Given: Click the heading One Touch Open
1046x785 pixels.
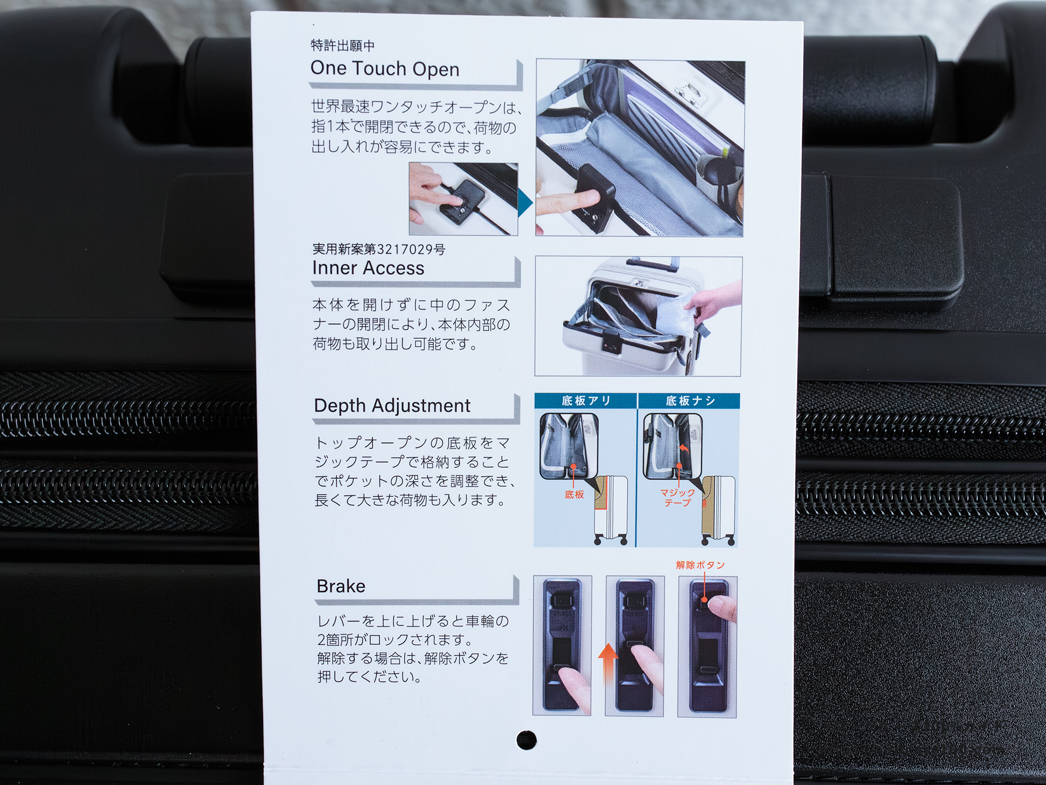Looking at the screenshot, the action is pos(385,69).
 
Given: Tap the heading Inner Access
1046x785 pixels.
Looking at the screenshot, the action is pos(368,268).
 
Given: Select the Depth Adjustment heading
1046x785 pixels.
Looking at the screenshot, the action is pos(392,406).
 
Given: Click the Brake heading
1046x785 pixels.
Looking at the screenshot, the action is pos(341,586).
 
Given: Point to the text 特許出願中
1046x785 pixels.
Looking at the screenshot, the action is pos(343,46).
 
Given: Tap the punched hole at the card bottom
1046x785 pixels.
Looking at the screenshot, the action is pos(526,740).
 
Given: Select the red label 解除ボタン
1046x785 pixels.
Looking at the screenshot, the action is pos(701,565).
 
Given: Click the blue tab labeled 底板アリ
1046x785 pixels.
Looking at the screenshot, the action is pos(586,401).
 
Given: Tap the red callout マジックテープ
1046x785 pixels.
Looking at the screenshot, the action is pos(677,497).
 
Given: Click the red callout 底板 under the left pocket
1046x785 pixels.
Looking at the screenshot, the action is pos(574,494).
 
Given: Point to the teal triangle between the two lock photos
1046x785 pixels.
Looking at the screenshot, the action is pos(525,203).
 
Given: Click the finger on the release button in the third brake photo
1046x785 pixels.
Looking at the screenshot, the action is pos(723,607).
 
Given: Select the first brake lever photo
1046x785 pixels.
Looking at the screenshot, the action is pos(562,645).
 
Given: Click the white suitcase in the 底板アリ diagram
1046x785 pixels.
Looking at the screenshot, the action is pos(611,510).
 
